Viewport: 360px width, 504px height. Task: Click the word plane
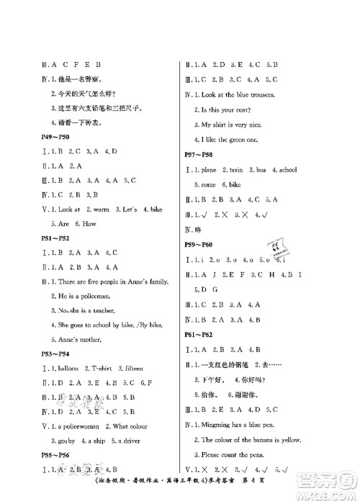tap(214, 169)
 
